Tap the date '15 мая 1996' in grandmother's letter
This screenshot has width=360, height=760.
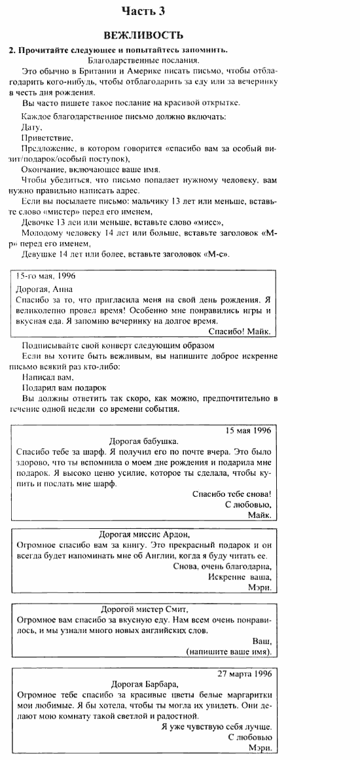248,431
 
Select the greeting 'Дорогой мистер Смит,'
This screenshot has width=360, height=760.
144,608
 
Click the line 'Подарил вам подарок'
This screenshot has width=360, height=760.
54,388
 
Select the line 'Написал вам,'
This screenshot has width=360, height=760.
48,377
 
